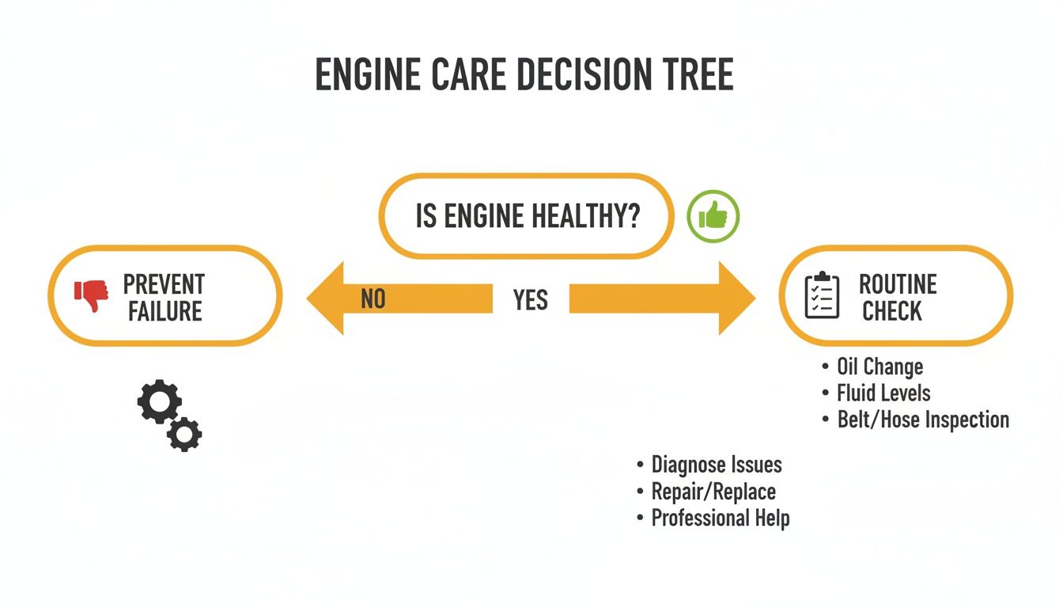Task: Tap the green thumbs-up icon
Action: pos(713,215)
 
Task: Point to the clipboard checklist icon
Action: pos(822,296)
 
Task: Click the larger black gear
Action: pos(159,402)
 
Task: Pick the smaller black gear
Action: pos(185,434)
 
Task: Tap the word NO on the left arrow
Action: pos(373,299)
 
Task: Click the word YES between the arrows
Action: pos(530,300)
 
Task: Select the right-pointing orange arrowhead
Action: pos(736,299)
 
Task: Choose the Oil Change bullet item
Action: pos(880,367)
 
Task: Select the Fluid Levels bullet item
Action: pos(883,393)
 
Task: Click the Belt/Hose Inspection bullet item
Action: pos(923,420)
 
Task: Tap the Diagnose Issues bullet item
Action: pos(716,465)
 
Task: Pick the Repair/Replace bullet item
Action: pos(713,492)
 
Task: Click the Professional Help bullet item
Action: pos(720,519)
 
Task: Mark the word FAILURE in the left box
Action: pos(165,311)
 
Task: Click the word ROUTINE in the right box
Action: pos(898,284)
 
